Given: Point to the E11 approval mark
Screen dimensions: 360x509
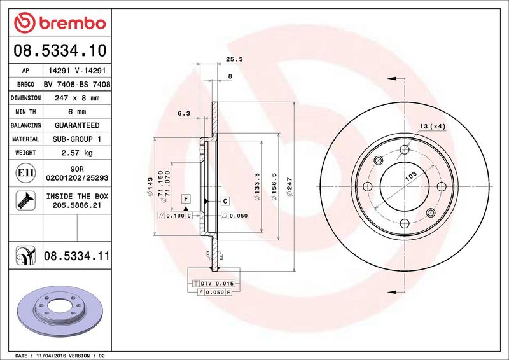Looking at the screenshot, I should point(21,171).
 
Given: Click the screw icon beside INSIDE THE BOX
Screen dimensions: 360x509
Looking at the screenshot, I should point(21,201).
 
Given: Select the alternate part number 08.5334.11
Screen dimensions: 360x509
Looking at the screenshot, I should point(77,257).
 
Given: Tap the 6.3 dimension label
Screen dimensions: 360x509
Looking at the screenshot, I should point(183,113).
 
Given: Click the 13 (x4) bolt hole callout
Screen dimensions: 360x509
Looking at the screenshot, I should point(433,126).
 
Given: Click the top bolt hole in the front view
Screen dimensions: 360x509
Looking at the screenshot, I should point(405,150).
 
